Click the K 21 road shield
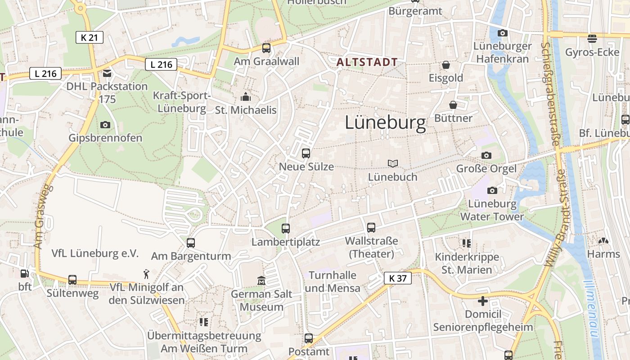[x=89, y=37]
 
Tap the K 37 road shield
[x=398, y=278]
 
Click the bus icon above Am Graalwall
[x=266, y=48]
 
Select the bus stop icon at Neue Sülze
[x=306, y=153]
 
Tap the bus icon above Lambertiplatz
[x=286, y=228]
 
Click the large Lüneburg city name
[x=385, y=123]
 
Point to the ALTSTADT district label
[x=367, y=62]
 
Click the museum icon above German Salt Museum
[x=261, y=281]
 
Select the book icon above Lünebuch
[x=393, y=164]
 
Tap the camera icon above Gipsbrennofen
[x=105, y=125]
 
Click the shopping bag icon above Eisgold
[x=446, y=65]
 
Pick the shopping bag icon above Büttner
[x=453, y=105]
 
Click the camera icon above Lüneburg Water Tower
[x=492, y=190]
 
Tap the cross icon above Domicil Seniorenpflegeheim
[x=483, y=301]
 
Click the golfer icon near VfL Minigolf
[x=146, y=274]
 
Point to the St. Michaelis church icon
[x=245, y=97]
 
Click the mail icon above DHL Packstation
[x=107, y=73]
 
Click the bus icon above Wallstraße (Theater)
[x=371, y=228]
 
